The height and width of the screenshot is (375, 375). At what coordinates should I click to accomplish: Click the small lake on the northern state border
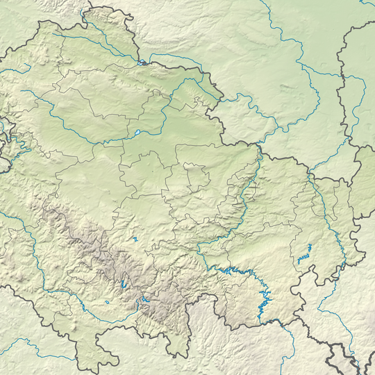[142, 61]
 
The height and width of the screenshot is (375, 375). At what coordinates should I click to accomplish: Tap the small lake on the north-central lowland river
[138, 132]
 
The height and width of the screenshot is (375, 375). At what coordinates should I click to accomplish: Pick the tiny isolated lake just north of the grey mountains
[136, 240]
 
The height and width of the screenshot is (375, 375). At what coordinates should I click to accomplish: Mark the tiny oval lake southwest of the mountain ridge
[109, 302]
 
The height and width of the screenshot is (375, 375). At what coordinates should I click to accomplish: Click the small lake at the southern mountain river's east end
[145, 301]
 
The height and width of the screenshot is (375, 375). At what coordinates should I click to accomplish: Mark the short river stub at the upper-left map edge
[14, 69]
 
